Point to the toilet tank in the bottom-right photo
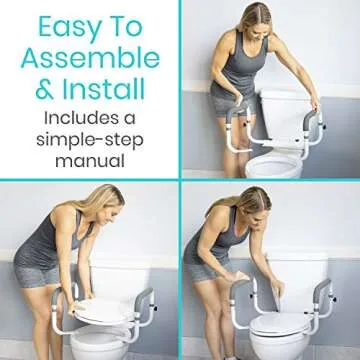point(300,275)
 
